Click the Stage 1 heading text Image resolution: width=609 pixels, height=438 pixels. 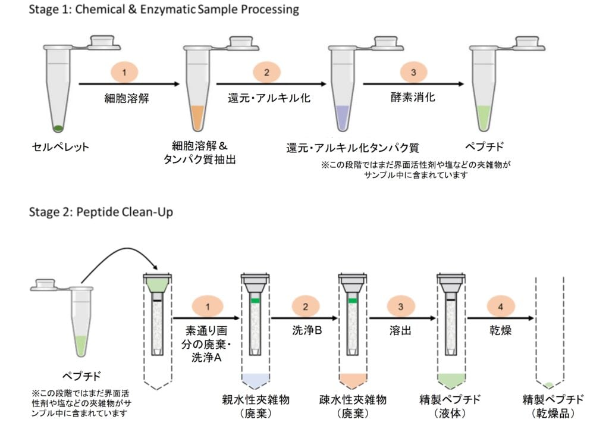[164, 10]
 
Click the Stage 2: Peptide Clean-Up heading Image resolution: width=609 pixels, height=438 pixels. [101, 212]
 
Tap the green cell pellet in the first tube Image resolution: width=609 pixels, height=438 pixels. [58, 127]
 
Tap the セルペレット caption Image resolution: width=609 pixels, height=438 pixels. [61, 147]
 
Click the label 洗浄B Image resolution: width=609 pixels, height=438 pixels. [307, 329]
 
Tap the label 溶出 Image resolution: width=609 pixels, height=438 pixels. [401, 329]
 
